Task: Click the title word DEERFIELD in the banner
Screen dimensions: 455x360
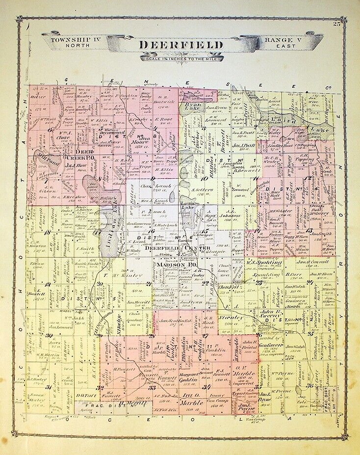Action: coord(181,45)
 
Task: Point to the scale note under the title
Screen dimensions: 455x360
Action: coord(181,58)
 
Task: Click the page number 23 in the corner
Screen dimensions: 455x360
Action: coord(336,25)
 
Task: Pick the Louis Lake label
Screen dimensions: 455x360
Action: coord(188,206)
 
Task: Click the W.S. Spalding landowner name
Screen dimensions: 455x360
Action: coord(264,263)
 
